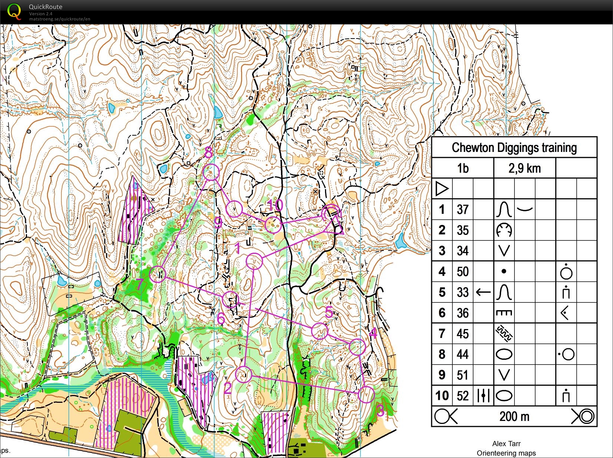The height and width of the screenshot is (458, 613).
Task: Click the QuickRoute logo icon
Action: click(14, 11)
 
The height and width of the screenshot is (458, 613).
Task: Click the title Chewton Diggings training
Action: click(514, 147)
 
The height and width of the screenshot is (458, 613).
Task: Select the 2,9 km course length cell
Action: click(524, 168)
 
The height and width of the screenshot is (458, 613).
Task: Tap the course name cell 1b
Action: click(463, 168)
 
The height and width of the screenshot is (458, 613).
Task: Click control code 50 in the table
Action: click(463, 272)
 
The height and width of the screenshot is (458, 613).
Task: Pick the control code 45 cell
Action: click(463, 334)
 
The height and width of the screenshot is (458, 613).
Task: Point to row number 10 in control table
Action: click(442, 396)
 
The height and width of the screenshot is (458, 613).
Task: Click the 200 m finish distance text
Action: click(514, 416)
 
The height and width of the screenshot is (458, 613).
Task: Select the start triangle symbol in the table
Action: click(442, 189)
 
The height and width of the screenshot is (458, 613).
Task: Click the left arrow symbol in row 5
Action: click(483, 292)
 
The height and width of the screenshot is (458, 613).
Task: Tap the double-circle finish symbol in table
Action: click(584, 416)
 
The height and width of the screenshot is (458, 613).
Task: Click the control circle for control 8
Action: click(211, 172)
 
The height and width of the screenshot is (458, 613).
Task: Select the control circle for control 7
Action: click(158, 274)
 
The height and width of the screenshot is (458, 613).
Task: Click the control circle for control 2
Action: click(244, 375)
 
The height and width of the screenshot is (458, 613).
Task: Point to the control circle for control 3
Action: click(366, 394)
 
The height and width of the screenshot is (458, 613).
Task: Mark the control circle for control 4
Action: click(357, 347)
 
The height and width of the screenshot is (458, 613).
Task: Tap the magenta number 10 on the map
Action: click(275, 205)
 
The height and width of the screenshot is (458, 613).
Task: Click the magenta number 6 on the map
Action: click(221, 318)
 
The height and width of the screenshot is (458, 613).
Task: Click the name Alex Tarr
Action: click(506, 444)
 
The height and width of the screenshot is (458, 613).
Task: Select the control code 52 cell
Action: click(463, 396)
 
